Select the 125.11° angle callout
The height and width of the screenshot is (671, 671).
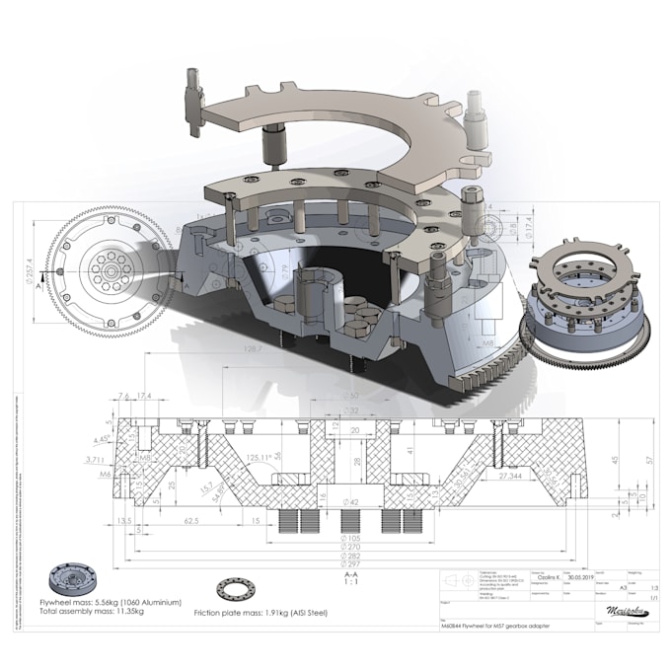point(261,457)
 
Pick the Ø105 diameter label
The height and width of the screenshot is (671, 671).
point(350,538)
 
